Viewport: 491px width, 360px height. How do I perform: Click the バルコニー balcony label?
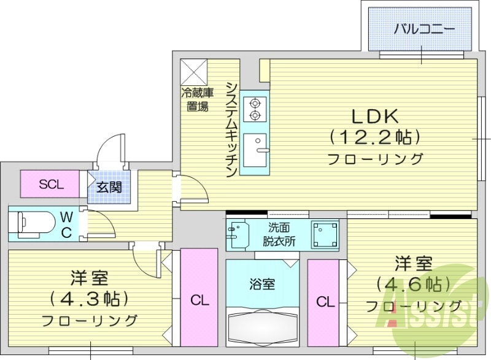[424, 28]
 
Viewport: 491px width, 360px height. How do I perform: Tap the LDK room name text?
[375, 116]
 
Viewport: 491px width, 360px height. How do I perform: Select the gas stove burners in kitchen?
[253, 109]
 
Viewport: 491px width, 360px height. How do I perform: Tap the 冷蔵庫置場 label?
[196, 99]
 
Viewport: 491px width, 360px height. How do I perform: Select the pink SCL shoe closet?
[50, 184]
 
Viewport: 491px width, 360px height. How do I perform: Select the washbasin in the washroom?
[238, 234]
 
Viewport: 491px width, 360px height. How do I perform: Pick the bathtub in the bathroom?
[262, 326]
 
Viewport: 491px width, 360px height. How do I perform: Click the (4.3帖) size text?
[90, 299]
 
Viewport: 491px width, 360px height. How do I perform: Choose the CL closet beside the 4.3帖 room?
[199, 301]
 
